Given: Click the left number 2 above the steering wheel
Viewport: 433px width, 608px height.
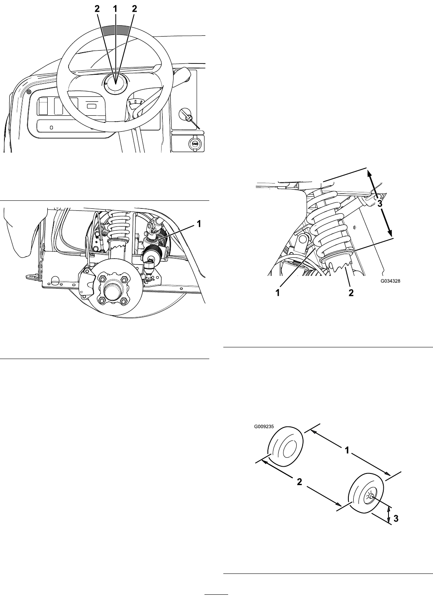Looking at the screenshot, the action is tap(97, 9).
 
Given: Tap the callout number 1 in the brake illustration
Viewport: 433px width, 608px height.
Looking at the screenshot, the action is tap(199, 224).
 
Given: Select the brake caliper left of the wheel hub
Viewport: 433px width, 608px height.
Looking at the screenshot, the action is tap(86, 283).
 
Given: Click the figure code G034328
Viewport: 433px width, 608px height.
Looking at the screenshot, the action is tap(390, 282).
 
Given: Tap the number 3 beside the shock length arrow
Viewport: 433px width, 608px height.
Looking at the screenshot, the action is tap(380, 204).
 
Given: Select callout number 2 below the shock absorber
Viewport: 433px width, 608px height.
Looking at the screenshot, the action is tap(351, 293).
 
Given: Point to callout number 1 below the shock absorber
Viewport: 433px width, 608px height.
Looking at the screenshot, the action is tap(278, 293).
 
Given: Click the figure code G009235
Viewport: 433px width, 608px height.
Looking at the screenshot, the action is tap(264, 426).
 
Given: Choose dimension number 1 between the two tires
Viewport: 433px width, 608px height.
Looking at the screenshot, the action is tap(347, 450).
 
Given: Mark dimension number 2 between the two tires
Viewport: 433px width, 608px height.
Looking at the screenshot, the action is tap(299, 482).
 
